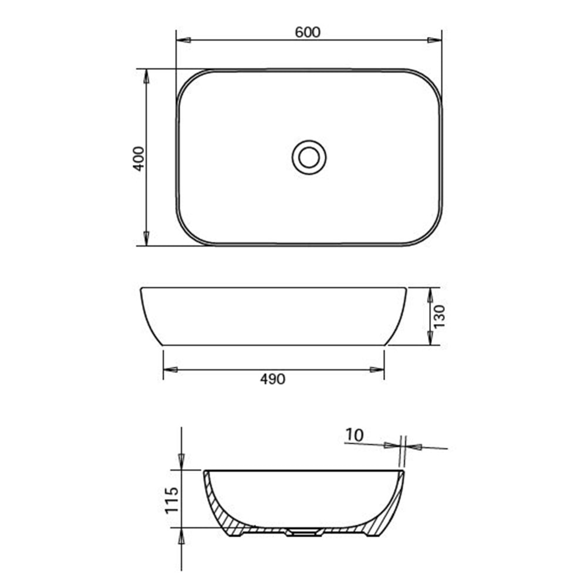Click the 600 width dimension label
click(x=308, y=32)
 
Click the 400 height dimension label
click(x=139, y=158)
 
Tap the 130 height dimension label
click(x=440, y=316)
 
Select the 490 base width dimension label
click(x=272, y=379)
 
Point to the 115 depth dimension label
click(x=171, y=500)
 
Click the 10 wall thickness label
click(x=355, y=435)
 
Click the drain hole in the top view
click(x=309, y=157)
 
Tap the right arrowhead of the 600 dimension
click(x=434, y=40)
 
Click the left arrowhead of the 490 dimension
click(x=170, y=370)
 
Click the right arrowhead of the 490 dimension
click(x=377, y=370)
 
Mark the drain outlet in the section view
click(x=303, y=532)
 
